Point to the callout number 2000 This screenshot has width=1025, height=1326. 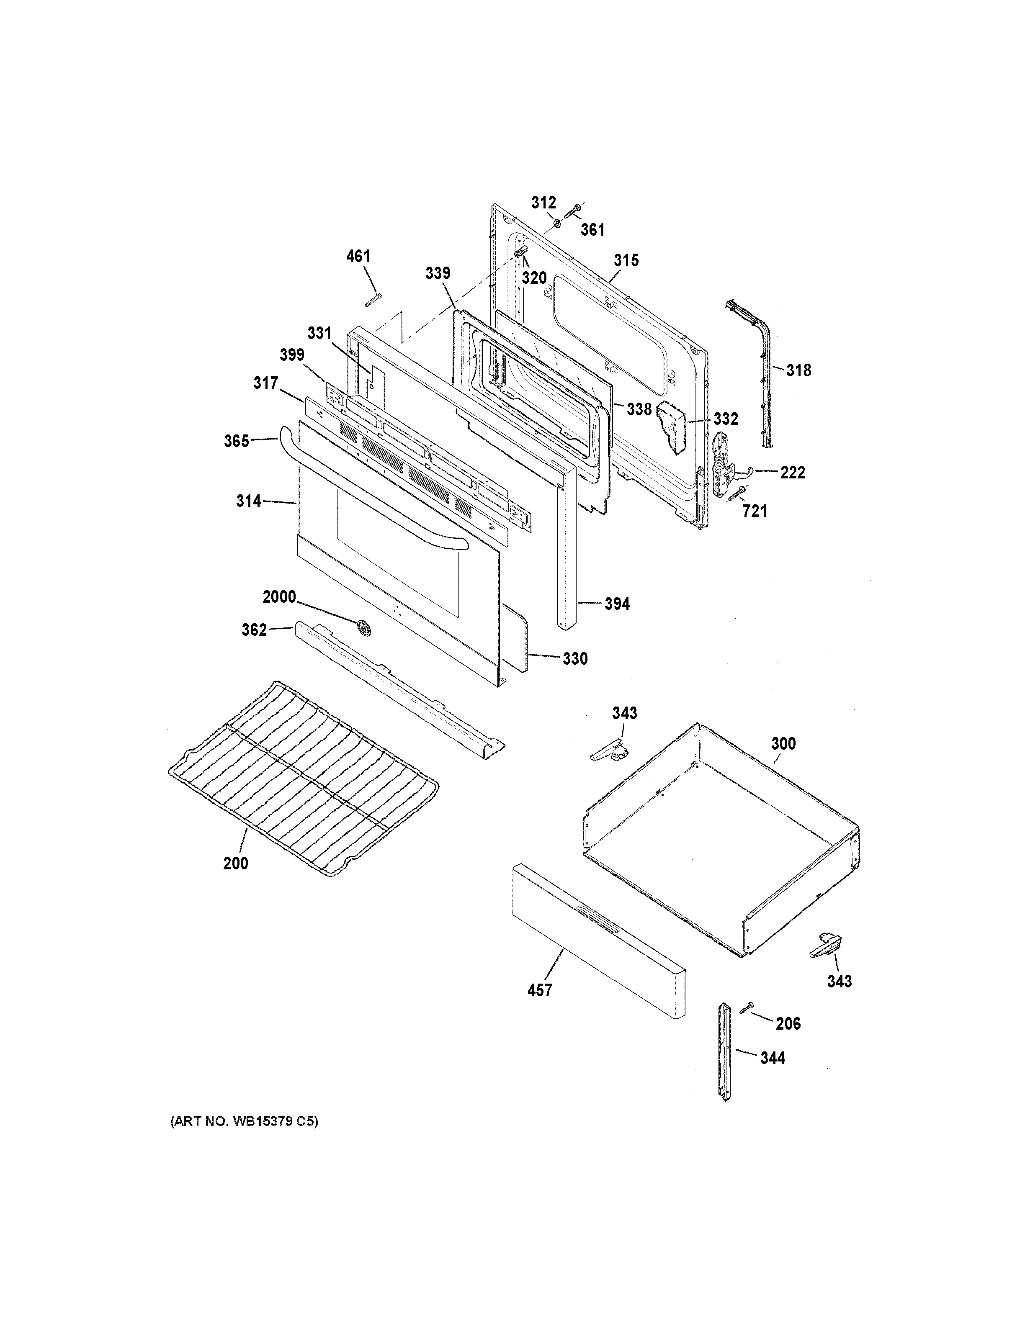279,597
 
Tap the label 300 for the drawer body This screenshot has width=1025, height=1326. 783,744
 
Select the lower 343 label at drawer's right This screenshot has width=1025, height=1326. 839,981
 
